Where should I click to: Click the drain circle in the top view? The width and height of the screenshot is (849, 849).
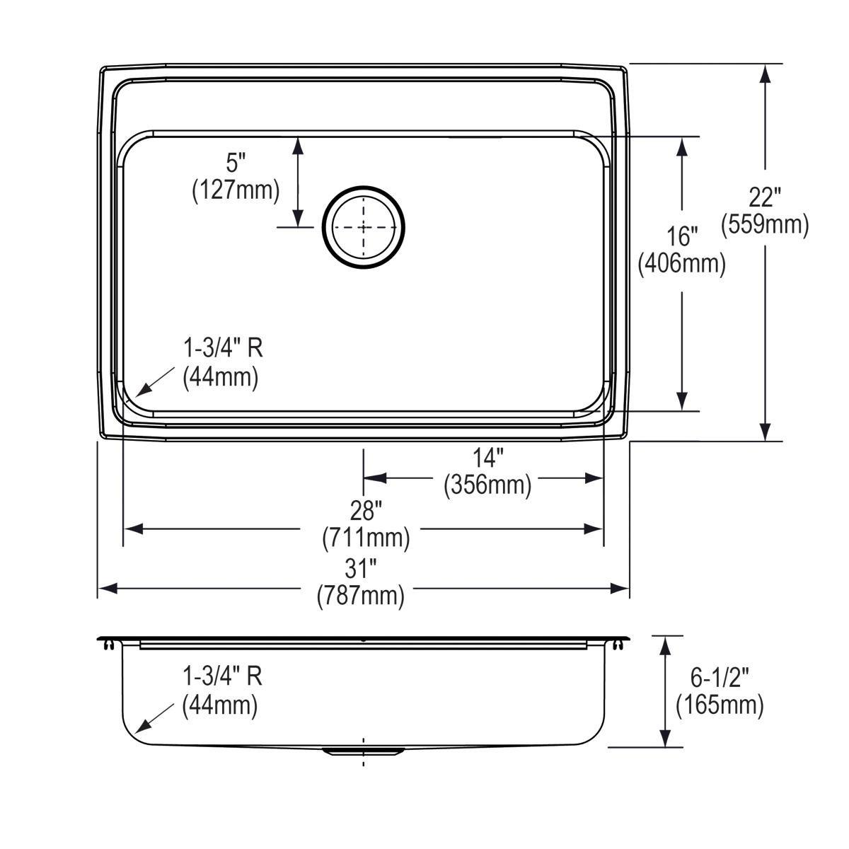click(x=364, y=227)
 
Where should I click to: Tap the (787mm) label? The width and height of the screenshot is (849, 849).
click(x=361, y=596)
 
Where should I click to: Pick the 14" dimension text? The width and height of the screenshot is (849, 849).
click(x=487, y=457)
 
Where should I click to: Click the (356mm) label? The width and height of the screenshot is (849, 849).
click(x=487, y=486)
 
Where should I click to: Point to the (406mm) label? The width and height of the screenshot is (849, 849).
click(x=682, y=263)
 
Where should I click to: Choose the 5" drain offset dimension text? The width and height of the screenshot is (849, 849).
click(x=236, y=163)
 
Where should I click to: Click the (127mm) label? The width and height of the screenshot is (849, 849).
click(x=236, y=191)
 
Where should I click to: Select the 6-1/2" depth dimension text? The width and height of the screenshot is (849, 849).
click(x=720, y=677)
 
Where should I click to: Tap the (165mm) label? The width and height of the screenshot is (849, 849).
click(x=720, y=706)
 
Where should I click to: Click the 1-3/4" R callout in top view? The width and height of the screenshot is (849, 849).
click(x=223, y=348)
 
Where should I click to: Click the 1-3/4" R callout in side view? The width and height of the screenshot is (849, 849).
click(x=223, y=676)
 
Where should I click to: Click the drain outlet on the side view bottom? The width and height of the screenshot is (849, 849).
click(x=363, y=751)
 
